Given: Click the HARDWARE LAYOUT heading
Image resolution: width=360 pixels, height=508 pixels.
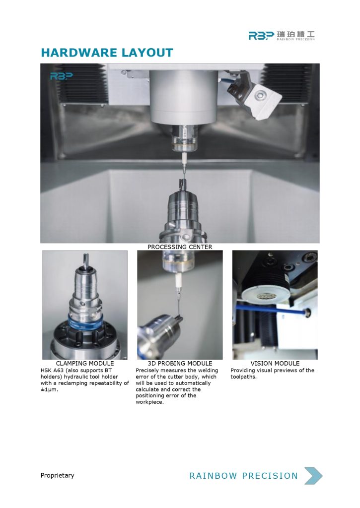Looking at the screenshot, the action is click(x=107, y=53).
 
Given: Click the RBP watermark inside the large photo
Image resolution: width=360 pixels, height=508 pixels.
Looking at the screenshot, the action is click(x=61, y=76).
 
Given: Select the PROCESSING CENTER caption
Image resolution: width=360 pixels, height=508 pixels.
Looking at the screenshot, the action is click(x=180, y=247).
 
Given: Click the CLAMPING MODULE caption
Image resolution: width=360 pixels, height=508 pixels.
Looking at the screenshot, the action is click(x=84, y=364).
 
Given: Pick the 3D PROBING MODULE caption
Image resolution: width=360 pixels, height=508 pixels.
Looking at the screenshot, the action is click(x=180, y=364).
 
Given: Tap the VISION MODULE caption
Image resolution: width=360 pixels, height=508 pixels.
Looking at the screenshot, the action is click(x=275, y=364).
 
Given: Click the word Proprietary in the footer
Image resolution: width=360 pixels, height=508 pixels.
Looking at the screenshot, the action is click(x=58, y=475).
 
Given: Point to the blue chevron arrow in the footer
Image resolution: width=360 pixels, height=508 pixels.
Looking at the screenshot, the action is click(x=313, y=476).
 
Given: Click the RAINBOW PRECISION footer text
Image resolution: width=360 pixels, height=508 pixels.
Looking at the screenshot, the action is click(x=244, y=476).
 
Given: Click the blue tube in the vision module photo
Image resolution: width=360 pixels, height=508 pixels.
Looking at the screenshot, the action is click(x=271, y=309).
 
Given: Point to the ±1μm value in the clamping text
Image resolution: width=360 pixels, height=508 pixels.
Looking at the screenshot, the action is click(x=49, y=389).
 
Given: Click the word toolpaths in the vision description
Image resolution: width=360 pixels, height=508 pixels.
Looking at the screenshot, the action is click(x=243, y=377).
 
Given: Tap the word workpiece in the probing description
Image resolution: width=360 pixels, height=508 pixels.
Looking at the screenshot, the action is click(x=149, y=402).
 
